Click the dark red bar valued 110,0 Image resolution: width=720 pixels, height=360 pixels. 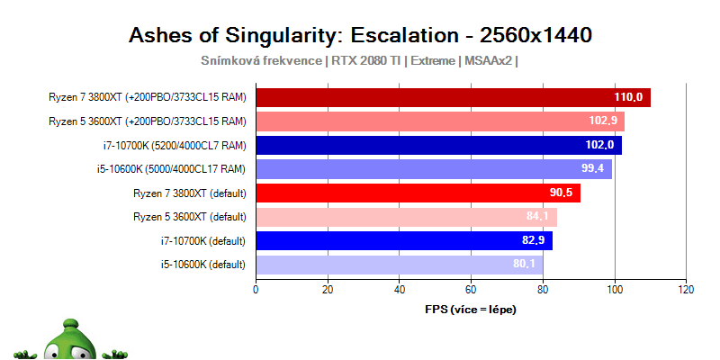pyautogui.click(x=450, y=97)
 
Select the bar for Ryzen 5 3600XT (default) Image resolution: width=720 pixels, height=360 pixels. pyautogui.click(x=405, y=217)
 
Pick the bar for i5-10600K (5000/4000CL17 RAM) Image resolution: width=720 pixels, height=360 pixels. pyautogui.click(x=432, y=169)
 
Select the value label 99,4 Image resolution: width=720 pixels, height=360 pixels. pyautogui.click(x=593, y=169)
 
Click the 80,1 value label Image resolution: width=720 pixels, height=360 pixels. pyautogui.click(x=524, y=265)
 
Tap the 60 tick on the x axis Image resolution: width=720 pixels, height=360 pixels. pyautogui.click(x=471, y=290)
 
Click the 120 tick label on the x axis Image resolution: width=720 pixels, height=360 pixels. pyautogui.click(x=686, y=290)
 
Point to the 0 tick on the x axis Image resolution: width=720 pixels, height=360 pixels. pyautogui.click(x=256, y=290)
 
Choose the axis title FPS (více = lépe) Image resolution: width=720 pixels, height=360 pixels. pyautogui.click(x=470, y=309)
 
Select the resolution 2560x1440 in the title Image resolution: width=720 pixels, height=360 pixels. pyautogui.click(x=535, y=35)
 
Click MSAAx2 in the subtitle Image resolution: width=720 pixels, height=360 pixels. pyautogui.click(x=489, y=61)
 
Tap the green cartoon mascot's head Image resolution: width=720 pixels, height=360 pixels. pyautogui.click(x=66, y=337)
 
